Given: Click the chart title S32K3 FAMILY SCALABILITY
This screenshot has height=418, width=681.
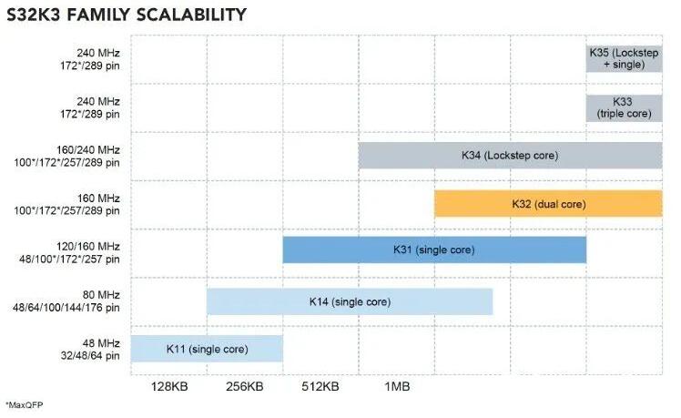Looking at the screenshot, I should (x=126, y=15).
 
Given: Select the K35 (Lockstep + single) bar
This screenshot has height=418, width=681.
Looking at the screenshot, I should (x=624, y=58).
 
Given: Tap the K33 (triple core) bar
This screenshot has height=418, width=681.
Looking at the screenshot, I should (x=624, y=107).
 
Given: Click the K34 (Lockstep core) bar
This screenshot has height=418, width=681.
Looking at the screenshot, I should (x=509, y=156).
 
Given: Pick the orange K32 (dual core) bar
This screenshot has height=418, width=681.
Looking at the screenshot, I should (x=547, y=204).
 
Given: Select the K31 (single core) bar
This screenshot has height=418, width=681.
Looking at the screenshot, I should (x=433, y=250).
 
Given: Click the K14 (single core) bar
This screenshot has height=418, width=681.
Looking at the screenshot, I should (x=349, y=301).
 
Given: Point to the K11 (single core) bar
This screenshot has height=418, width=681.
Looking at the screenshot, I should (x=207, y=349).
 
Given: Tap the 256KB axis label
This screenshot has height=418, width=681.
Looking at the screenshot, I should (x=244, y=386).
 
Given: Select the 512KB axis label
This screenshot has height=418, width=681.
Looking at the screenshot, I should (x=320, y=386).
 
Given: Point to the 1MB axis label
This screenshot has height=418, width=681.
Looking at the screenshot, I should (x=396, y=386).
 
